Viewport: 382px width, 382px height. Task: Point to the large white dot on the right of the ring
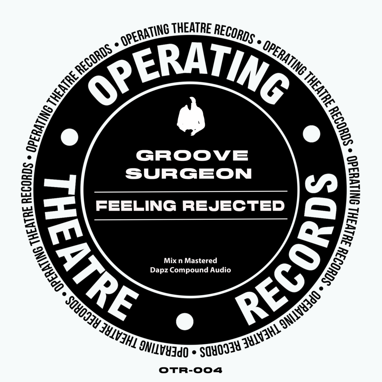311,134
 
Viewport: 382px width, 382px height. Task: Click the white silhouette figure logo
191,116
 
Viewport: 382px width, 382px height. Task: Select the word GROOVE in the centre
192,155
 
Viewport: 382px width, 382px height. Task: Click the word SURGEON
189,173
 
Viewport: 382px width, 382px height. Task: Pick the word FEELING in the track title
136,206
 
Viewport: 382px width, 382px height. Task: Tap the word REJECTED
233,206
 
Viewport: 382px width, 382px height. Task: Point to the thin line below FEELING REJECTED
191,219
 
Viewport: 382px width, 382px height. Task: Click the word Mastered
201,261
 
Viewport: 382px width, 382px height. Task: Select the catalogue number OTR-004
191,371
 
